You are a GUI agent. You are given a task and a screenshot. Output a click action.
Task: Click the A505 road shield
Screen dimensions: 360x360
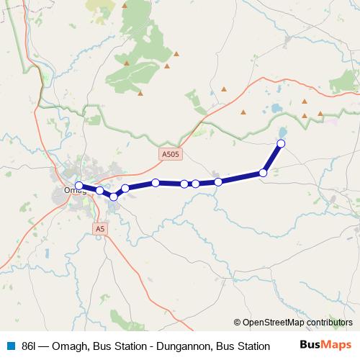169,153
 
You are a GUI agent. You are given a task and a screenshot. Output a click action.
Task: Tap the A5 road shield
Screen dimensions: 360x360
101,228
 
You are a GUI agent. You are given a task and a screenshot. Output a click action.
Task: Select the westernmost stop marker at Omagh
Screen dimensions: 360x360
78,185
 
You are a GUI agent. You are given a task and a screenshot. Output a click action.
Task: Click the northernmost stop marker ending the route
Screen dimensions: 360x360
281,144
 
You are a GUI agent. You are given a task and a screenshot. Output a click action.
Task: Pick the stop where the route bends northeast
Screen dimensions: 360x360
264,173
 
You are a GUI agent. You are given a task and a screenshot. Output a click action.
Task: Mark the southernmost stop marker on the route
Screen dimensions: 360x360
114,197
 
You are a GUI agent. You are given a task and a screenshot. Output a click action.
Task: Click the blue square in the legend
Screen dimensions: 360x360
12,346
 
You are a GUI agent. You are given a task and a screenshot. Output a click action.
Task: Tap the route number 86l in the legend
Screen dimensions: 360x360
30,346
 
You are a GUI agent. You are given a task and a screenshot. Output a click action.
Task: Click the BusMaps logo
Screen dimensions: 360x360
325,345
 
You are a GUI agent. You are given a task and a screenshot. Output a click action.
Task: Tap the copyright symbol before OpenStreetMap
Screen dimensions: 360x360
237,323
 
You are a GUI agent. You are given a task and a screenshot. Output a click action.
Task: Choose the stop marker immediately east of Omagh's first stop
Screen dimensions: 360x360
99,191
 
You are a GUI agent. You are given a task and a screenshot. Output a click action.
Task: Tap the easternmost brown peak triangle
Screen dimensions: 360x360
320,113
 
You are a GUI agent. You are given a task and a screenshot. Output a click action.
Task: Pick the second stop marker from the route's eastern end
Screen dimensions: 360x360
264,173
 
